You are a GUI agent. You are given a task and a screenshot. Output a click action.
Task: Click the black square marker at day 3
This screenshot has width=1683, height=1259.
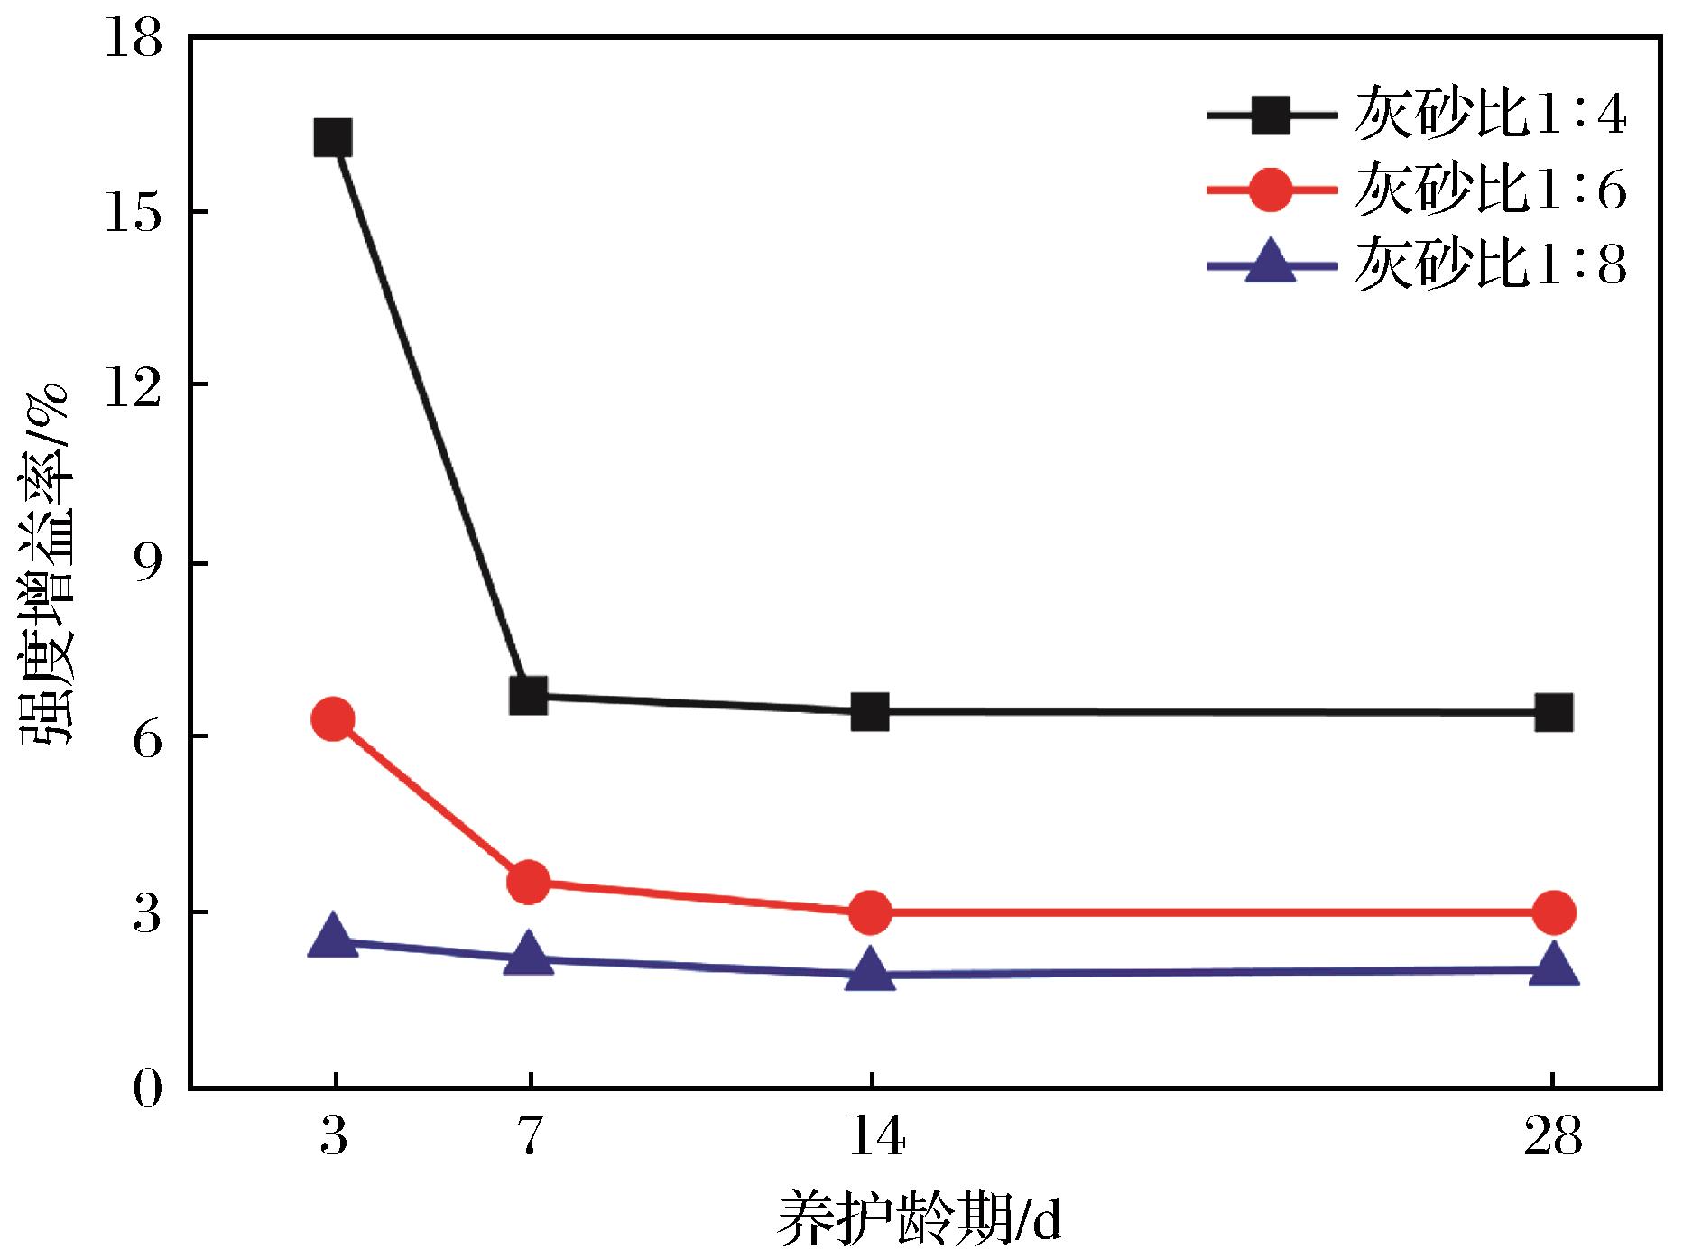coord(333,139)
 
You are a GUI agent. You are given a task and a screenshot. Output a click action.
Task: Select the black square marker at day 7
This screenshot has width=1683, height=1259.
coord(529,697)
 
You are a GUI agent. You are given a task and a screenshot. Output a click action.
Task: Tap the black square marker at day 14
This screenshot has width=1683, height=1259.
coord(871,712)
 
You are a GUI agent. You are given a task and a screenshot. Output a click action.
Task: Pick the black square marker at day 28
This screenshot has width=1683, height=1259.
coord(1554,713)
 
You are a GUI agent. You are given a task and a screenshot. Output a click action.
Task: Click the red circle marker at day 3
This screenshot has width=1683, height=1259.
coord(333,719)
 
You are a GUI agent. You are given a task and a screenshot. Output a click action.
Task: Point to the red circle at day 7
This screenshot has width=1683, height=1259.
coord(529,882)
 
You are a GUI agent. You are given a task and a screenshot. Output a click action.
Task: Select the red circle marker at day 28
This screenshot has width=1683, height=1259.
coord(1554,912)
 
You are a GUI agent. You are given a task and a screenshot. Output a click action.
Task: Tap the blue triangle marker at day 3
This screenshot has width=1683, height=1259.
coord(333,936)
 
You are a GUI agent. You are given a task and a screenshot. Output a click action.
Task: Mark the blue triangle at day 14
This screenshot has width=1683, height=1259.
coord(871,970)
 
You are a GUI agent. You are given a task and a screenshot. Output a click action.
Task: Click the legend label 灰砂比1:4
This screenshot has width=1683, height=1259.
coord(1490,116)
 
